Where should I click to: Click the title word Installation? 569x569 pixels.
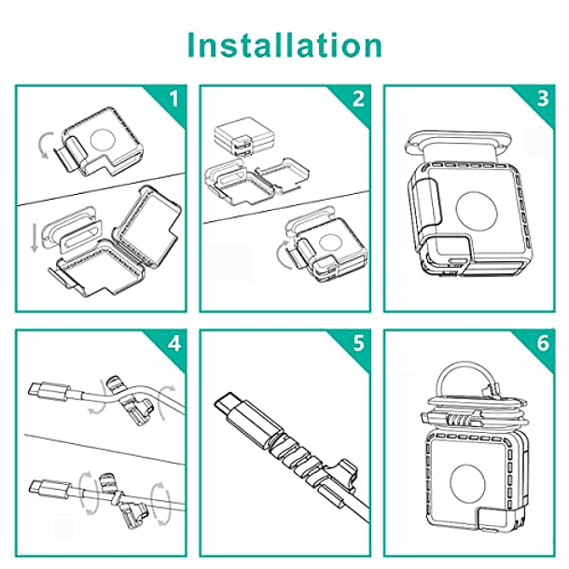(284, 45)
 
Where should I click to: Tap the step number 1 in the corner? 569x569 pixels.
(174, 99)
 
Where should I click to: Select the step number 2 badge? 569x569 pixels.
(358, 99)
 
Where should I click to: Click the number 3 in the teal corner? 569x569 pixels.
(543, 99)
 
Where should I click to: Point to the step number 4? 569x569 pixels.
(174, 343)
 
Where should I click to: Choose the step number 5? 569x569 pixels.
(358, 343)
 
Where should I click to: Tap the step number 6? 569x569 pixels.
(543, 343)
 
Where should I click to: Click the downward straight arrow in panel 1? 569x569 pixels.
(35, 238)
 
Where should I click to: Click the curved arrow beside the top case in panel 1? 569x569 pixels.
(44, 146)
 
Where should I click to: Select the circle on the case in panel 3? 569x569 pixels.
(476, 211)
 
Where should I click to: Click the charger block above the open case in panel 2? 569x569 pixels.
(243, 139)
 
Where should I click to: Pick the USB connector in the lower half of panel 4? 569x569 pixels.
(49, 489)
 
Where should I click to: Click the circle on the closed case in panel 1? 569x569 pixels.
(103, 140)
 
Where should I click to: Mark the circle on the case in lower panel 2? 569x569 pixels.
(329, 243)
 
